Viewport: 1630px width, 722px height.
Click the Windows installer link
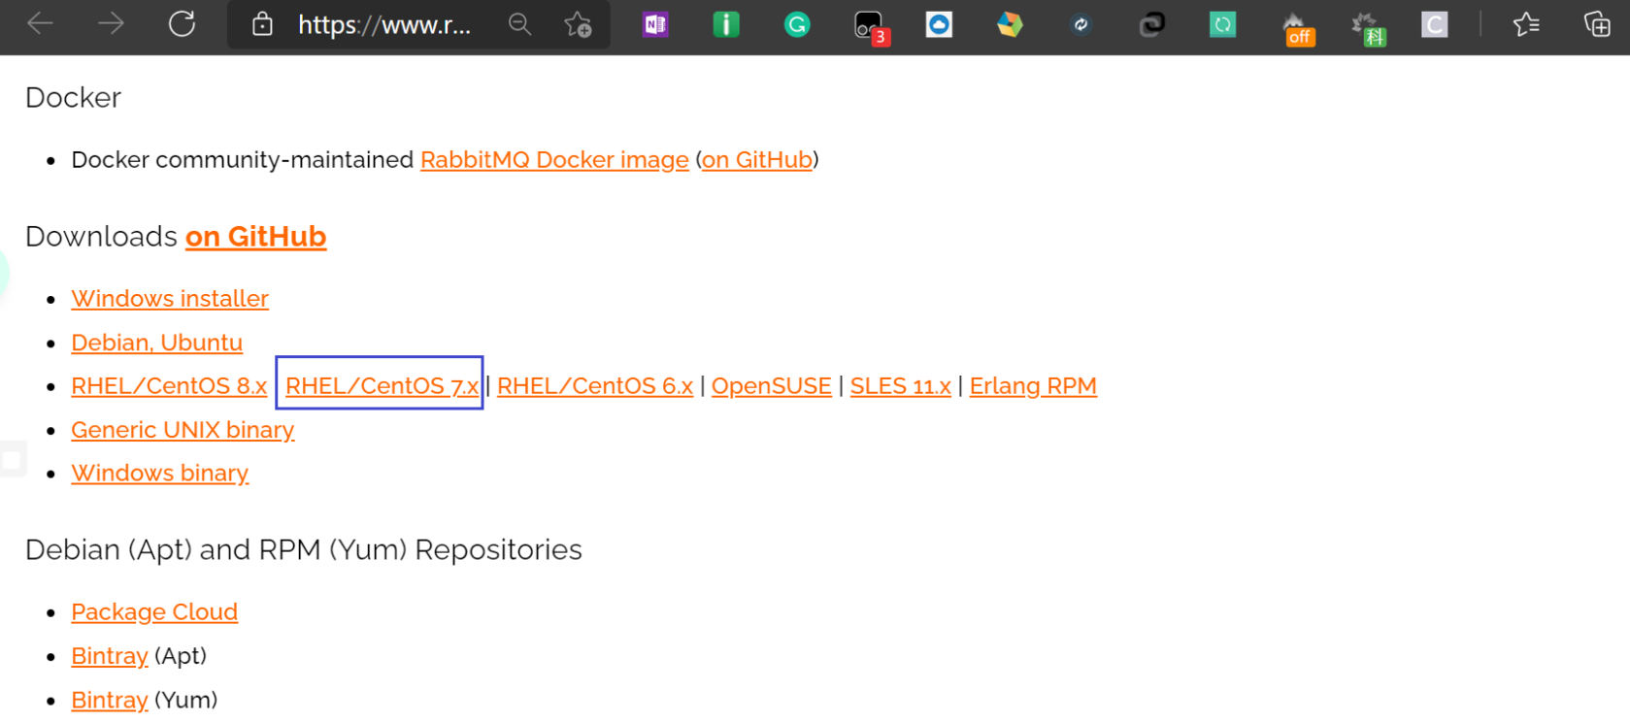(x=170, y=298)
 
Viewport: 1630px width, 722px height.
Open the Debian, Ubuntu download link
(x=157, y=343)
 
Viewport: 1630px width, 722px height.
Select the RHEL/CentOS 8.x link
(x=169, y=386)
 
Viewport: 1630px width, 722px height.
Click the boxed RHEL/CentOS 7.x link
(x=383, y=386)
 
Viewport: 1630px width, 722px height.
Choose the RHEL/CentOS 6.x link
(x=594, y=386)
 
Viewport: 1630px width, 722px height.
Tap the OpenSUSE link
(x=772, y=386)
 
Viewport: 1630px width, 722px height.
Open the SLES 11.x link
(x=901, y=386)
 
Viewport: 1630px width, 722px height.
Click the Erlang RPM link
(x=1033, y=386)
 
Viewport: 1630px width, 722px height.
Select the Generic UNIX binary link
(x=183, y=430)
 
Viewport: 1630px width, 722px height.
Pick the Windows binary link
(x=160, y=474)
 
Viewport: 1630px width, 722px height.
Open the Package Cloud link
(x=154, y=612)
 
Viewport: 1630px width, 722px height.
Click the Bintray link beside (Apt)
(x=110, y=656)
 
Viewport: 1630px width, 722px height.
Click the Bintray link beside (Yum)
(x=110, y=700)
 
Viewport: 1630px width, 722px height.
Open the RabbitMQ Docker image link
(x=554, y=159)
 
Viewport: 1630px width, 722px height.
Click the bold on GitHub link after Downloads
(x=256, y=237)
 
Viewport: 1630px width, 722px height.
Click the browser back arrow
(x=40, y=24)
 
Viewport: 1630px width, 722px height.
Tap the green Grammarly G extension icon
(x=797, y=24)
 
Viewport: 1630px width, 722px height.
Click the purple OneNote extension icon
(x=655, y=24)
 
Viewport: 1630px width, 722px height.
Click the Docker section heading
(x=74, y=97)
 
